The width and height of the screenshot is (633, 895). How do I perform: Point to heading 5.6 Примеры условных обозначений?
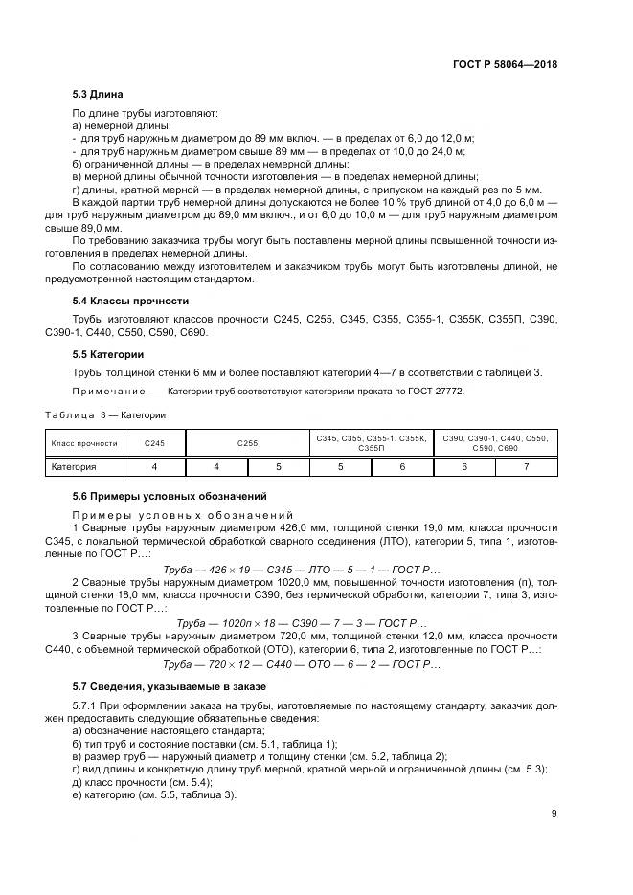point(157,497)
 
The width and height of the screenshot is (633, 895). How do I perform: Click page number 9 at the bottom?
point(554,814)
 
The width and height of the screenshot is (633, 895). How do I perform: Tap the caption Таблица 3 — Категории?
point(106,414)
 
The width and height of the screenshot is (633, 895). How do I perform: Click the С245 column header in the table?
point(154,443)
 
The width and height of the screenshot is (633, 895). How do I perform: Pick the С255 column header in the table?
point(247,443)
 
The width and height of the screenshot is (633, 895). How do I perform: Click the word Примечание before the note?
point(100,392)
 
